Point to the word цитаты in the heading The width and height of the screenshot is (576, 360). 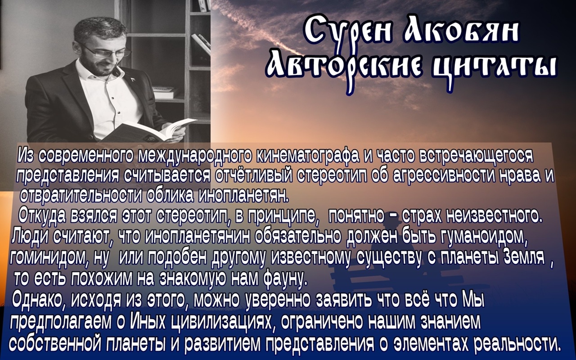coord(494,67)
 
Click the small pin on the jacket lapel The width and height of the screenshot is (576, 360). coord(133,80)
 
